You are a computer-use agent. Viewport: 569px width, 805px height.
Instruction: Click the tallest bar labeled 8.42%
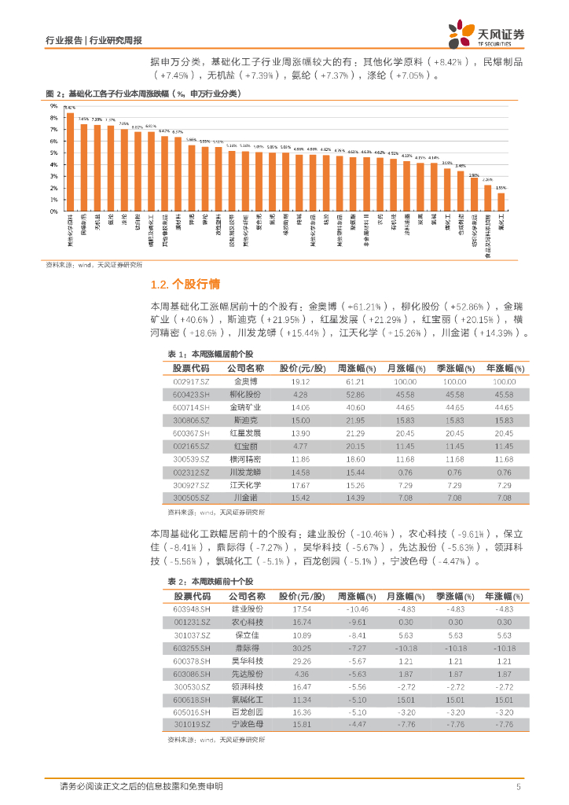70,162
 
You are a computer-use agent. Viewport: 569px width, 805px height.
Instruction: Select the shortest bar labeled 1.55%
501,202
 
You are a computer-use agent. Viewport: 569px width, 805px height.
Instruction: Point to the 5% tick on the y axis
55,153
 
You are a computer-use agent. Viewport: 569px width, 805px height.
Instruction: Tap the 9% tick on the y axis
55,106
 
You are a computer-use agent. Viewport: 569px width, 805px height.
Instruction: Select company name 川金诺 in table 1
244,498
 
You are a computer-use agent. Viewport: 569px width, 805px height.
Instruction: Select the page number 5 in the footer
518,786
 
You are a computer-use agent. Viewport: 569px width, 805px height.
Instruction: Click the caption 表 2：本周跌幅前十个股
211,581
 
